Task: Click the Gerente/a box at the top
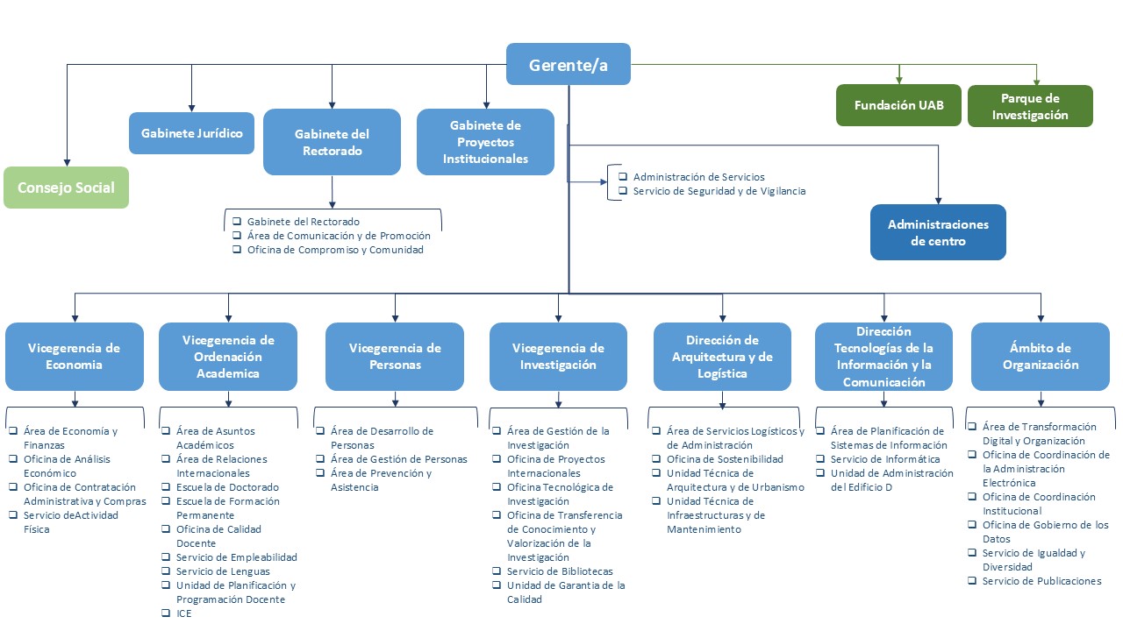click(x=568, y=64)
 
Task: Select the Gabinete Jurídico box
click(x=191, y=133)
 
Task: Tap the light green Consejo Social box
click(x=66, y=188)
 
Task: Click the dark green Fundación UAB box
click(x=898, y=105)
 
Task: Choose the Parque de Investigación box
click(x=1030, y=106)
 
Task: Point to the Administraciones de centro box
click(x=938, y=232)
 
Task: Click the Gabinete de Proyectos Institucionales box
click(x=485, y=142)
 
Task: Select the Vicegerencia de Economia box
click(x=75, y=357)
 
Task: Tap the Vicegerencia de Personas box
click(x=395, y=357)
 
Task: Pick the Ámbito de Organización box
click(x=1041, y=357)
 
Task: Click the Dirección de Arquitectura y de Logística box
click(x=722, y=357)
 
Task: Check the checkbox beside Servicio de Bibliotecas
click(x=497, y=571)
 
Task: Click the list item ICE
click(x=183, y=613)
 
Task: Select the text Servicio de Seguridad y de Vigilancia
click(x=719, y=191)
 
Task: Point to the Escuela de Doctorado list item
click(x=227, y=487)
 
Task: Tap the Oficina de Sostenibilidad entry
click(x=725, y=459)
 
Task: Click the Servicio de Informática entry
click(x=884, y=459)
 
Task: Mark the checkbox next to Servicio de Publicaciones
click(x=973, y=580)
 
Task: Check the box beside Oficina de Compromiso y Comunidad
click(x=237, y=250)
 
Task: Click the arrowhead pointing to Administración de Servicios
click(x=603, y=182)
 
